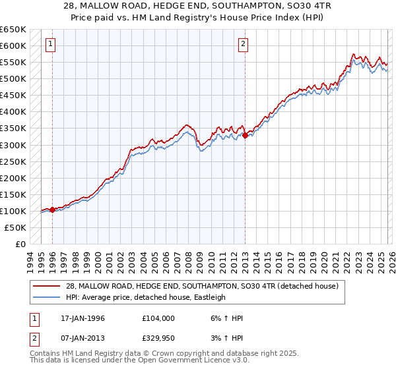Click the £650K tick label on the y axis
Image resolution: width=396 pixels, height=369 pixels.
(x=13, y=30)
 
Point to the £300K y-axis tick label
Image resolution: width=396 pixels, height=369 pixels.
(x=13, y=145)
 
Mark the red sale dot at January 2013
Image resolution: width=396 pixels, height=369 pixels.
(x=245, y=135)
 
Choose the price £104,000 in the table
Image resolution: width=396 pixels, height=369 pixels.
(x=158, y=318)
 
